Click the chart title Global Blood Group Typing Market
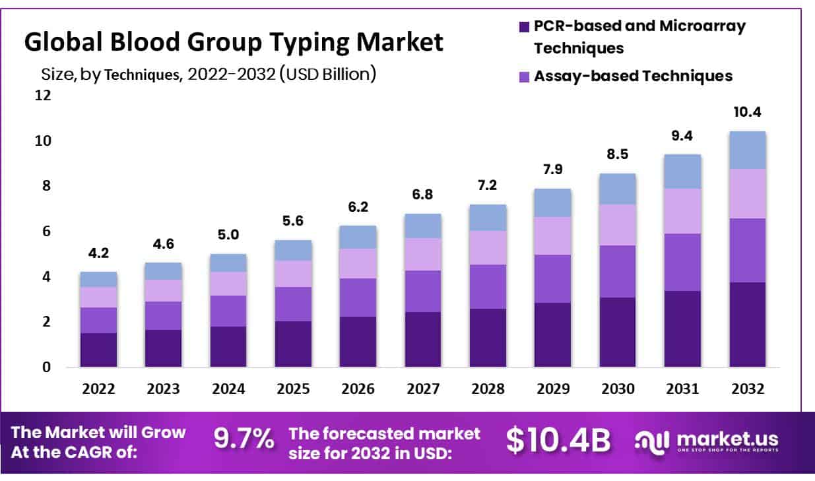click(234, 42)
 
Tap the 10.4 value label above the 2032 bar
click(747, 112)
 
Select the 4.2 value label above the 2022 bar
click(98, 253)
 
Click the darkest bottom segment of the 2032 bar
click(747, 324)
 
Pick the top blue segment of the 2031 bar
click(682, 172)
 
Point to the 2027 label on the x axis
click(422, 389)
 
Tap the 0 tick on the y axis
click(46, 368)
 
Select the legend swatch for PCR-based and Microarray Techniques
click(524, 27)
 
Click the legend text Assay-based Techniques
click(633, 76)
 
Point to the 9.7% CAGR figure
click(244, 439)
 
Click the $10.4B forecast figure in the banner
click(558, 440)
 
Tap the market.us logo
click(706, 441)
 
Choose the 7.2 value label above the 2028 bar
click(488, 185)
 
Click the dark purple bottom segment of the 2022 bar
click(98, 350)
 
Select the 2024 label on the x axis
click(228, 389)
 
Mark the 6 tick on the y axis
click(46, 232)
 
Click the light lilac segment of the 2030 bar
click(618, 224)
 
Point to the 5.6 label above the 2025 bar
click(292, 222)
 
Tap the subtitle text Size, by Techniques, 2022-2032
click(209, 74)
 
